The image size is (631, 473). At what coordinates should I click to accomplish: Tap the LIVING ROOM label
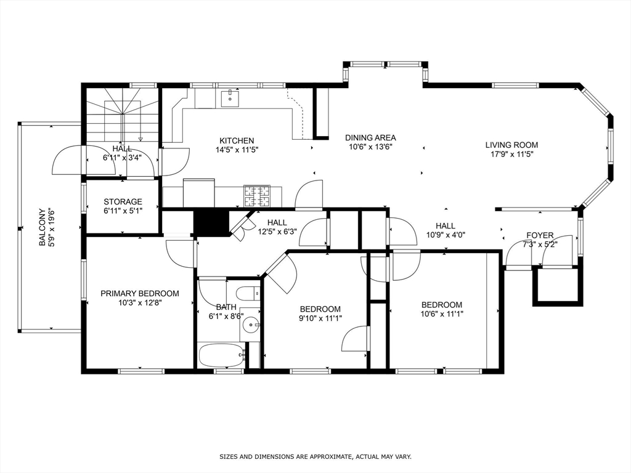(511, 145)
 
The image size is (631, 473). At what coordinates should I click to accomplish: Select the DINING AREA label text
(370, 138)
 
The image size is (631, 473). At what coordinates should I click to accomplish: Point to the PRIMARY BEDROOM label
(140, 294)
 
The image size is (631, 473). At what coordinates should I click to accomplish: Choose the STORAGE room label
(123, 202)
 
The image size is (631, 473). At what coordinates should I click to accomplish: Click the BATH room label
(226, 307)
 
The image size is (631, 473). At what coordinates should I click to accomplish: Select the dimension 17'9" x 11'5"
(511, 155)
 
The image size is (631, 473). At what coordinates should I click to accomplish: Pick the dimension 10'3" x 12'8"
(140, 303)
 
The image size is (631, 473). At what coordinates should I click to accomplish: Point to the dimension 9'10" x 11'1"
(320, 318)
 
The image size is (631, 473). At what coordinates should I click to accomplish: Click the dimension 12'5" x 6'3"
(277, 232)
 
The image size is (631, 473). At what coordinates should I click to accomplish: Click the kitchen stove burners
(256, 195)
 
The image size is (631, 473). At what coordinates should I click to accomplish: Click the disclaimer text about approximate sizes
(315, 457)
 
